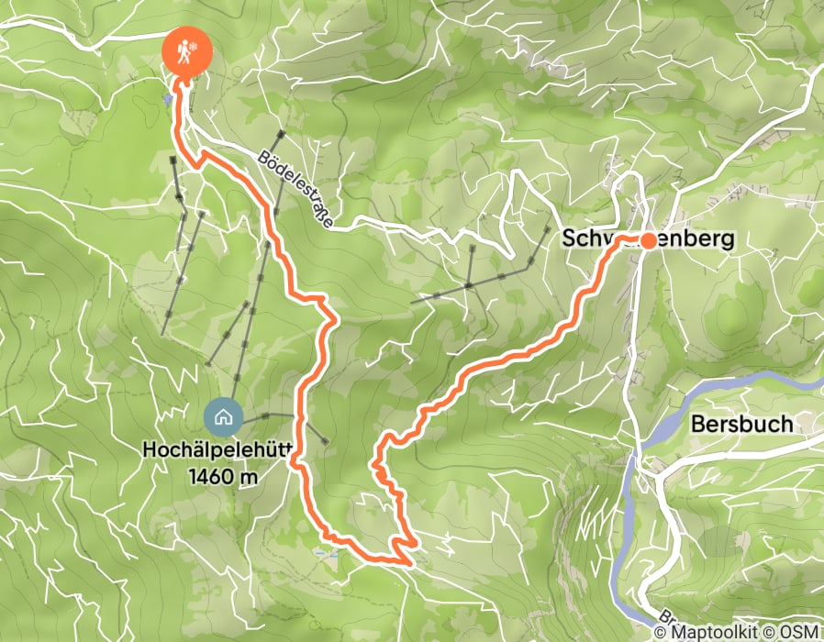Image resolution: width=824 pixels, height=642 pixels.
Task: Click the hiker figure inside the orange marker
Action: coord(182,53)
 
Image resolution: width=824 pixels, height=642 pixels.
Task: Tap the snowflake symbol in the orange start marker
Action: coord(192,48)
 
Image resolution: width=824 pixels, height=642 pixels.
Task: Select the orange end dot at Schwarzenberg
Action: coord(648,241)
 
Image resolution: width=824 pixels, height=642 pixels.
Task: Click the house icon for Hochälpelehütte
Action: coord(222,417)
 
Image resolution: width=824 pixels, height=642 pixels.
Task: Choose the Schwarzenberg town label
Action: coord(648,239)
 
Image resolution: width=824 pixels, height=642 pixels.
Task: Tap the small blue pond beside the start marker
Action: coord(167,98)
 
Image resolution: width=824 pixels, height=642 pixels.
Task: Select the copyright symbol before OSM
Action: coord(770,633)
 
